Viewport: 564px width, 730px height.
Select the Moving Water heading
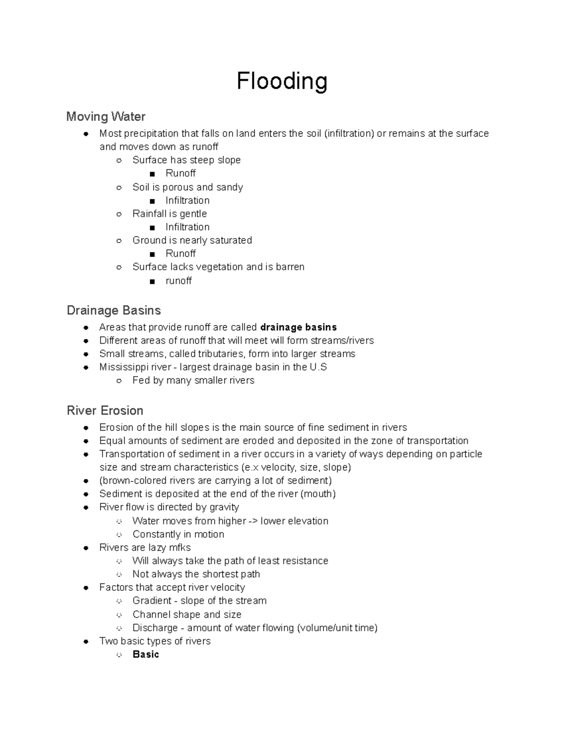click(106, 116)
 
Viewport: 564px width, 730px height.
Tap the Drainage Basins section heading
click(114, 310)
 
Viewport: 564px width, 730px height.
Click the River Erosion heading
click(105, 410)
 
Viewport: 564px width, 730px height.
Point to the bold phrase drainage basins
click(298, 327)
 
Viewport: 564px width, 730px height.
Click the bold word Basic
click(146, 654)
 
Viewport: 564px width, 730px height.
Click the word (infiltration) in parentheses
click(349, 133)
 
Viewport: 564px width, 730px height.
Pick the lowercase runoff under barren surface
click(179, 281)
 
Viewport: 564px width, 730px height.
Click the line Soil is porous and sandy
click(188, 187)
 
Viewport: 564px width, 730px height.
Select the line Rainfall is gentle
click(170, 213)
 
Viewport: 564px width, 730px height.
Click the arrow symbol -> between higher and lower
click(253, 521)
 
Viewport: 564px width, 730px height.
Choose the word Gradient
click(152, 601)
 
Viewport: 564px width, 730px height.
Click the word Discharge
click(155, 628)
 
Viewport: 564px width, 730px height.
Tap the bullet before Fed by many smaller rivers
click(119, 381)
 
